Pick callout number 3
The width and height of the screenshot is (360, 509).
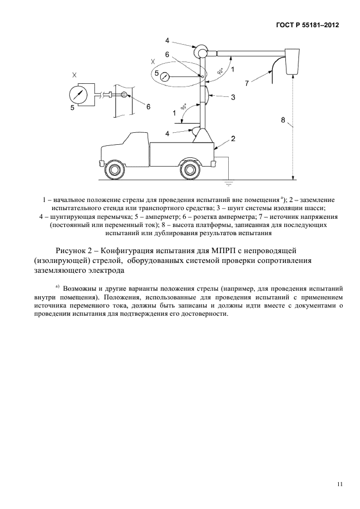point(233,97)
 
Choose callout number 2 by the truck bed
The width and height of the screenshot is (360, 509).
point(233,139)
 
